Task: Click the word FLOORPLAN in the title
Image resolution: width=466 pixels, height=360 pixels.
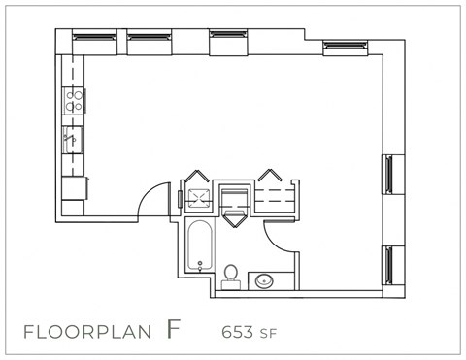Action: point(86,332)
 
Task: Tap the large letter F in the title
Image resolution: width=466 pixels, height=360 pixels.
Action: point(173,328)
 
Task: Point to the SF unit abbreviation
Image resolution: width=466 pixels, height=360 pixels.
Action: point(268,333)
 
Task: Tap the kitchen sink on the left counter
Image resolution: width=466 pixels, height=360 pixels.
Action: point(72,139)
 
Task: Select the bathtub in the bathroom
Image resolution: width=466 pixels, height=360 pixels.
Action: point(197,245)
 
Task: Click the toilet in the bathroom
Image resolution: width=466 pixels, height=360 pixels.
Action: point(231,276)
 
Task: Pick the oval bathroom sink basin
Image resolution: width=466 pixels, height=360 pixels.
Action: point(265,281)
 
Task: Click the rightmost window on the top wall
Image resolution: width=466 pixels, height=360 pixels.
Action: point(345,45)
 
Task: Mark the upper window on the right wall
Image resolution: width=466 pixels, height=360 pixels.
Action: point(389,175)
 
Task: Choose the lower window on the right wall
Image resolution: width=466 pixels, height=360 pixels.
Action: point(389,265)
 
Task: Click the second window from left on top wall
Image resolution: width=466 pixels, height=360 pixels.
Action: point(149,37)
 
